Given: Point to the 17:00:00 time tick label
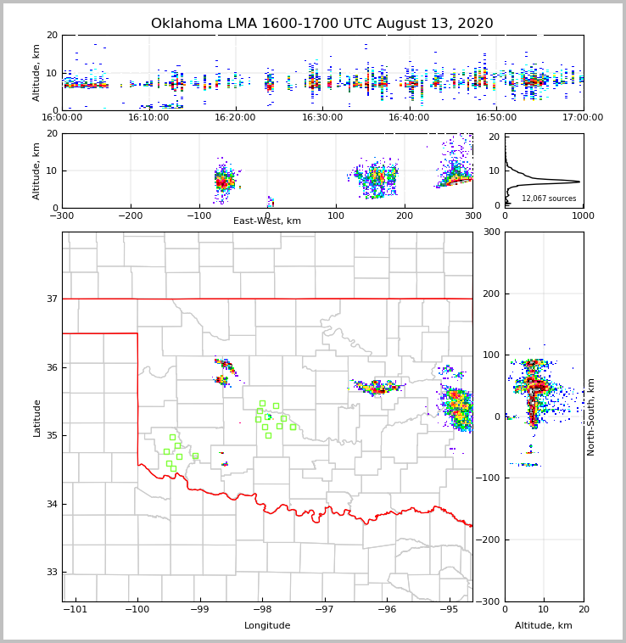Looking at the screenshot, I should pos(583,118).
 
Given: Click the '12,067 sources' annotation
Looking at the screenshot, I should pos(549,198).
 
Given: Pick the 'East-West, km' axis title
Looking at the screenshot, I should pos(267,221).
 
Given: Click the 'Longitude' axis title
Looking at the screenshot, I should pos(267,626).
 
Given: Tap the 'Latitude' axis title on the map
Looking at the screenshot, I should pos(36,417).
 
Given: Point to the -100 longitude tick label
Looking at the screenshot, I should pos(137,610).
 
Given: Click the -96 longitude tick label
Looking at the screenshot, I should pos(386,610).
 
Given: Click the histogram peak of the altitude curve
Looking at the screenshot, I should pos(579,182).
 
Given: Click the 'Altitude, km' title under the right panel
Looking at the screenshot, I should pos(544,626).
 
